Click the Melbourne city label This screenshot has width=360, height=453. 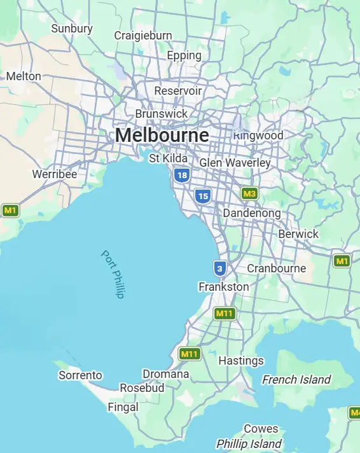click(x=162, y=136)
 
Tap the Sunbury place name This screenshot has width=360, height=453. click(x=72, y=29)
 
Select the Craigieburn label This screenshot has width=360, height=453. click(x=143, y=36)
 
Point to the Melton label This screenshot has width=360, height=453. click(x=24, y=76)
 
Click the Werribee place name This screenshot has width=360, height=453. click(x=54, y=174)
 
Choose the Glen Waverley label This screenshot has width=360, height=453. click(x=235, y=163)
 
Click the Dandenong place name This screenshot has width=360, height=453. click(x=252, y=213)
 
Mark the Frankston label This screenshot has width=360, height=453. click(x=224, y=287)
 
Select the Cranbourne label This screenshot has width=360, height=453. click(x=277, y=268)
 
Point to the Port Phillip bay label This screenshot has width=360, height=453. click(x=113, y=274)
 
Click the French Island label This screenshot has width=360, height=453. click(x=297, y=380)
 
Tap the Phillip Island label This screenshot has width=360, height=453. click(x=249, y=443)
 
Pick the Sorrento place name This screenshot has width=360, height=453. click(x=80, y=375)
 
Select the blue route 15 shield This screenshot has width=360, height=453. click(x=203, y=196)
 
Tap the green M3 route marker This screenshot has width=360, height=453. click(x=250, y=193)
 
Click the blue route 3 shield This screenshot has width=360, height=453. click(x=220, y=268)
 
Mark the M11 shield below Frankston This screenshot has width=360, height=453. click(x=225, y=313)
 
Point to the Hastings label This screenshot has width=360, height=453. click(x=241, y=361)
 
